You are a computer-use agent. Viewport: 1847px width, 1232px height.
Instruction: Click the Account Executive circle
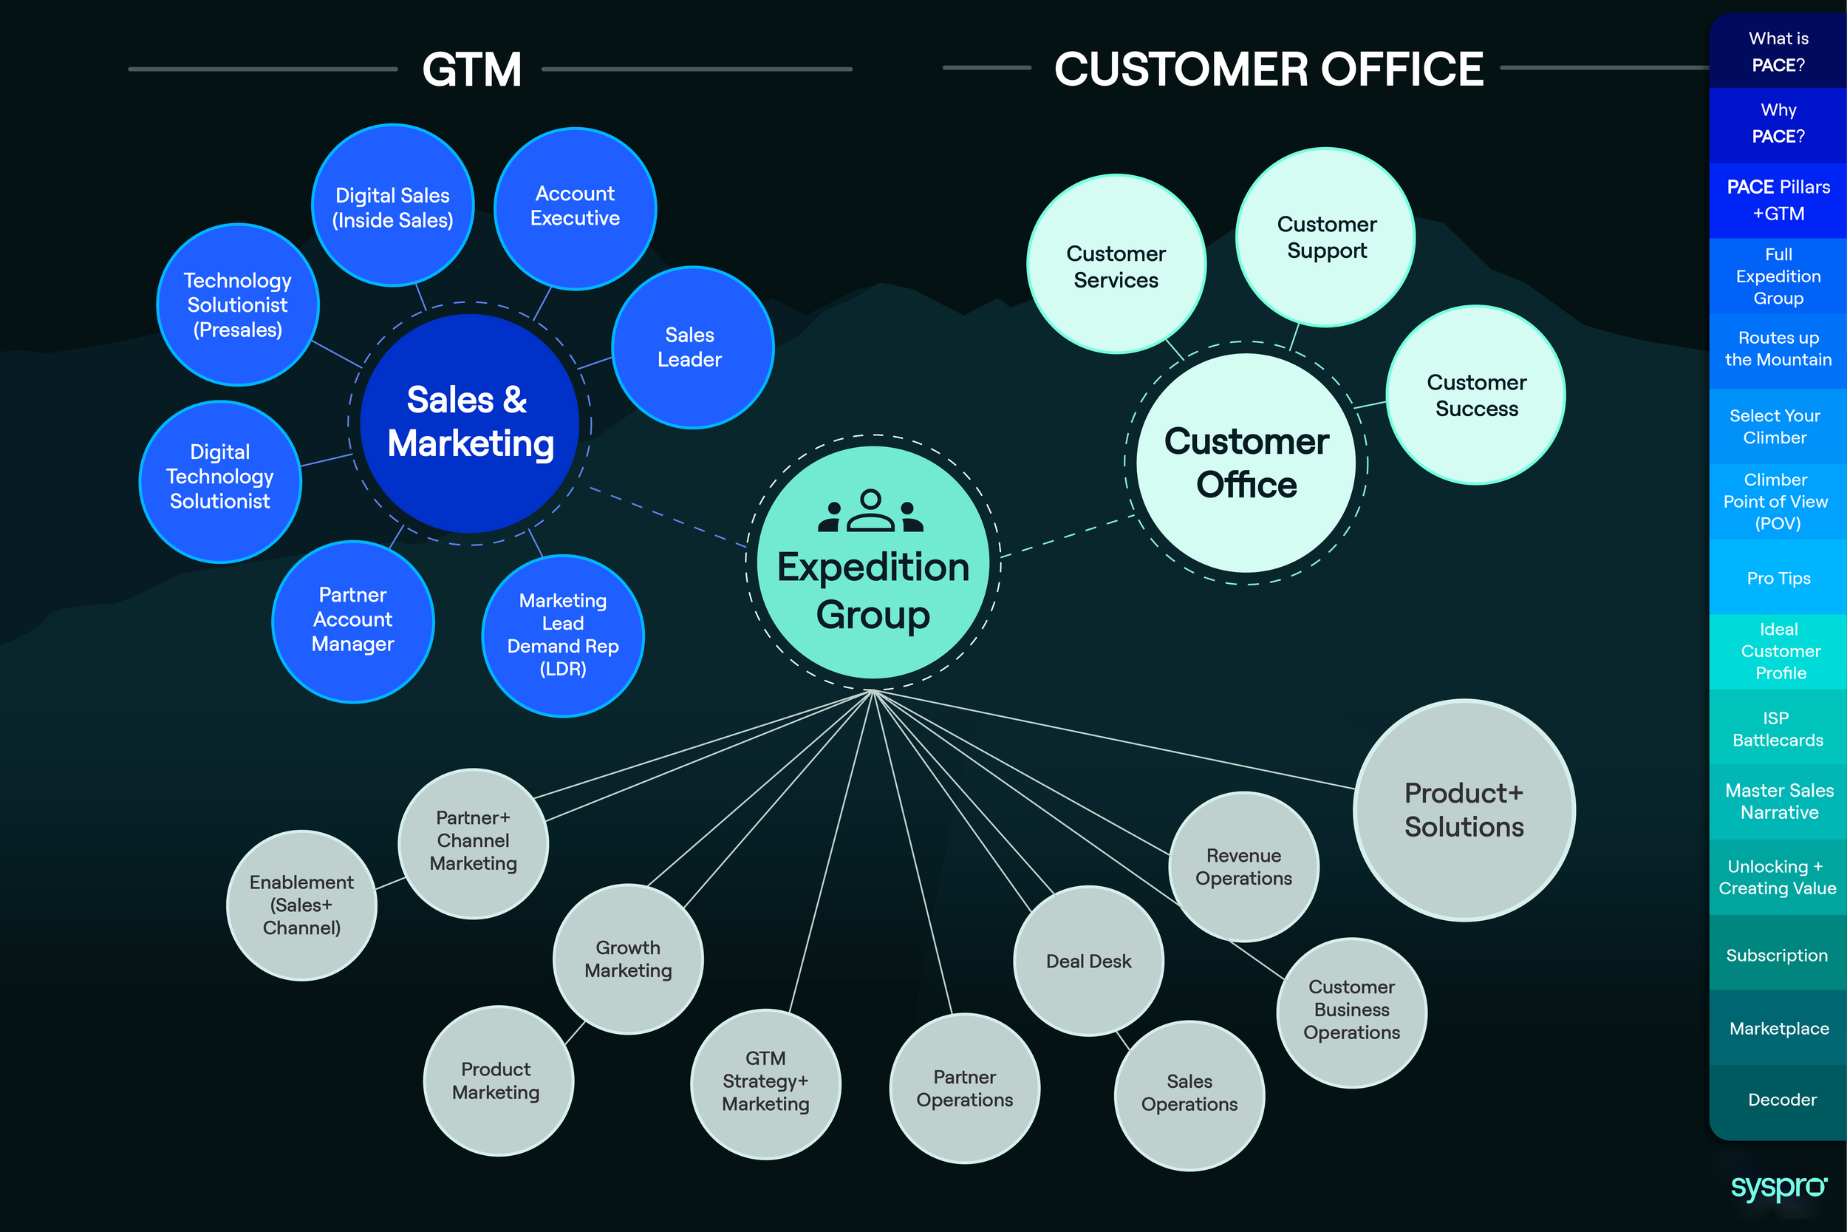tap(575, 208)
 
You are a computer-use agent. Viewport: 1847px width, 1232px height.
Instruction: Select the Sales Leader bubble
tap(692, 347)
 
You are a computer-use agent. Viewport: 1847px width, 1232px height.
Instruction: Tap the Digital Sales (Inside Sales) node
tap(392, 206)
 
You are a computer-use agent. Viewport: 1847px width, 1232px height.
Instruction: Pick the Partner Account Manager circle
tap(352, 621)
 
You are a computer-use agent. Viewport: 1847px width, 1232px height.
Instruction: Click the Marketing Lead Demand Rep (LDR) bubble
tap(563, 635)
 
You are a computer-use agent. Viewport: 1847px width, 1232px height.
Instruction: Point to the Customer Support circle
tap(1325, 237)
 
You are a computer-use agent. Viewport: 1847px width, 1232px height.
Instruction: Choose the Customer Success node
tap(1475, 395)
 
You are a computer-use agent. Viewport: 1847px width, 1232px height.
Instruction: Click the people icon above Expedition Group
tap(871, 511)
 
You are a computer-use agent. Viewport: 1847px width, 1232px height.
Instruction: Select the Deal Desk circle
tap(1088, 961)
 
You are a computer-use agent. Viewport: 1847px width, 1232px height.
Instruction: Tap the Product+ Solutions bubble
tap(1464, 810)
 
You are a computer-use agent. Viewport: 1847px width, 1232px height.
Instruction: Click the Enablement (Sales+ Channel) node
tap(301, 905)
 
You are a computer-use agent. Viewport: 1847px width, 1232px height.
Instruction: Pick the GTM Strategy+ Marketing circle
tap(765, 1082)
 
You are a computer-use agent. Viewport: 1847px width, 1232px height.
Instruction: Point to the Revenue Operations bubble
tap(1243, 867)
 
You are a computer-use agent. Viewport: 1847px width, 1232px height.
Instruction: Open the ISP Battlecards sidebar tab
tap(1778, 729)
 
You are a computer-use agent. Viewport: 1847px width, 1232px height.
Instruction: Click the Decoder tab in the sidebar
tap(1781, 1099)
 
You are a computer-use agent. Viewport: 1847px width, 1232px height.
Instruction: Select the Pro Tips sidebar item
tap(1778, 578)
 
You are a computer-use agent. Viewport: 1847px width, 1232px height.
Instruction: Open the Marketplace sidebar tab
tap(1778, 1028)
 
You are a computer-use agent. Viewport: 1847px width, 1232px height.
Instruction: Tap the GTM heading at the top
tap(471, 69)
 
